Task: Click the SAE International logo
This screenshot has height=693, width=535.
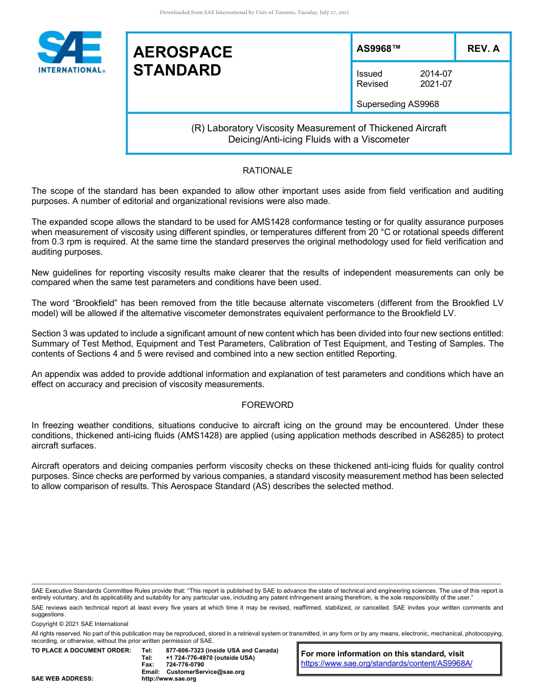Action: pyautogui.click(x=70, y=51)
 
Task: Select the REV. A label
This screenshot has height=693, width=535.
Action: pyautogui.click(x=483, y=48)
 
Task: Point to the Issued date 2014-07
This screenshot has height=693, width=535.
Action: pyautogui.click(x=436, y=74)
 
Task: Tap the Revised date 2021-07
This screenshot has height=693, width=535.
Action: pyautogui.click(x=436, y=84)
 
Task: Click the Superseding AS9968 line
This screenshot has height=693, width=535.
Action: pyautogui.click(x=398, y=104)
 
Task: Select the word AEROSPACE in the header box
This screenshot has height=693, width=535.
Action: pyautogui.click(x=182, y=52)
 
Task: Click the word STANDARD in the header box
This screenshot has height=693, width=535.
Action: pyautogui.click(x=177, y=70)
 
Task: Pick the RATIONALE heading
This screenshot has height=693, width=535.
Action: pyautogui.click(x=267, y=170)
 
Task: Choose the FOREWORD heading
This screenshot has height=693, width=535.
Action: pyautogui.click(x=267, y=405)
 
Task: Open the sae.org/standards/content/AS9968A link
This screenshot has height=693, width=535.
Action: pyautogui.click(x=386, y=663)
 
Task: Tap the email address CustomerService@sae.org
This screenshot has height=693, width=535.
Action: pyautogui.click(x=206, y=672)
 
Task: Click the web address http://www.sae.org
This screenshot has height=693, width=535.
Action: pyautogui.click(x=169, y=678)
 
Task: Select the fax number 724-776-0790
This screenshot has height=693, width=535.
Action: pyautogui.click(x=185, y=664)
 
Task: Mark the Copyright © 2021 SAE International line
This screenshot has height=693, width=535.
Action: pyautogui.click(x=80, y=624)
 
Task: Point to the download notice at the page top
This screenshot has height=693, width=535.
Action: pyautogui.click(x=255, y=12)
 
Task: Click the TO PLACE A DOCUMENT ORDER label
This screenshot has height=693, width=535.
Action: pyautogui.click(x=81, y=650)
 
